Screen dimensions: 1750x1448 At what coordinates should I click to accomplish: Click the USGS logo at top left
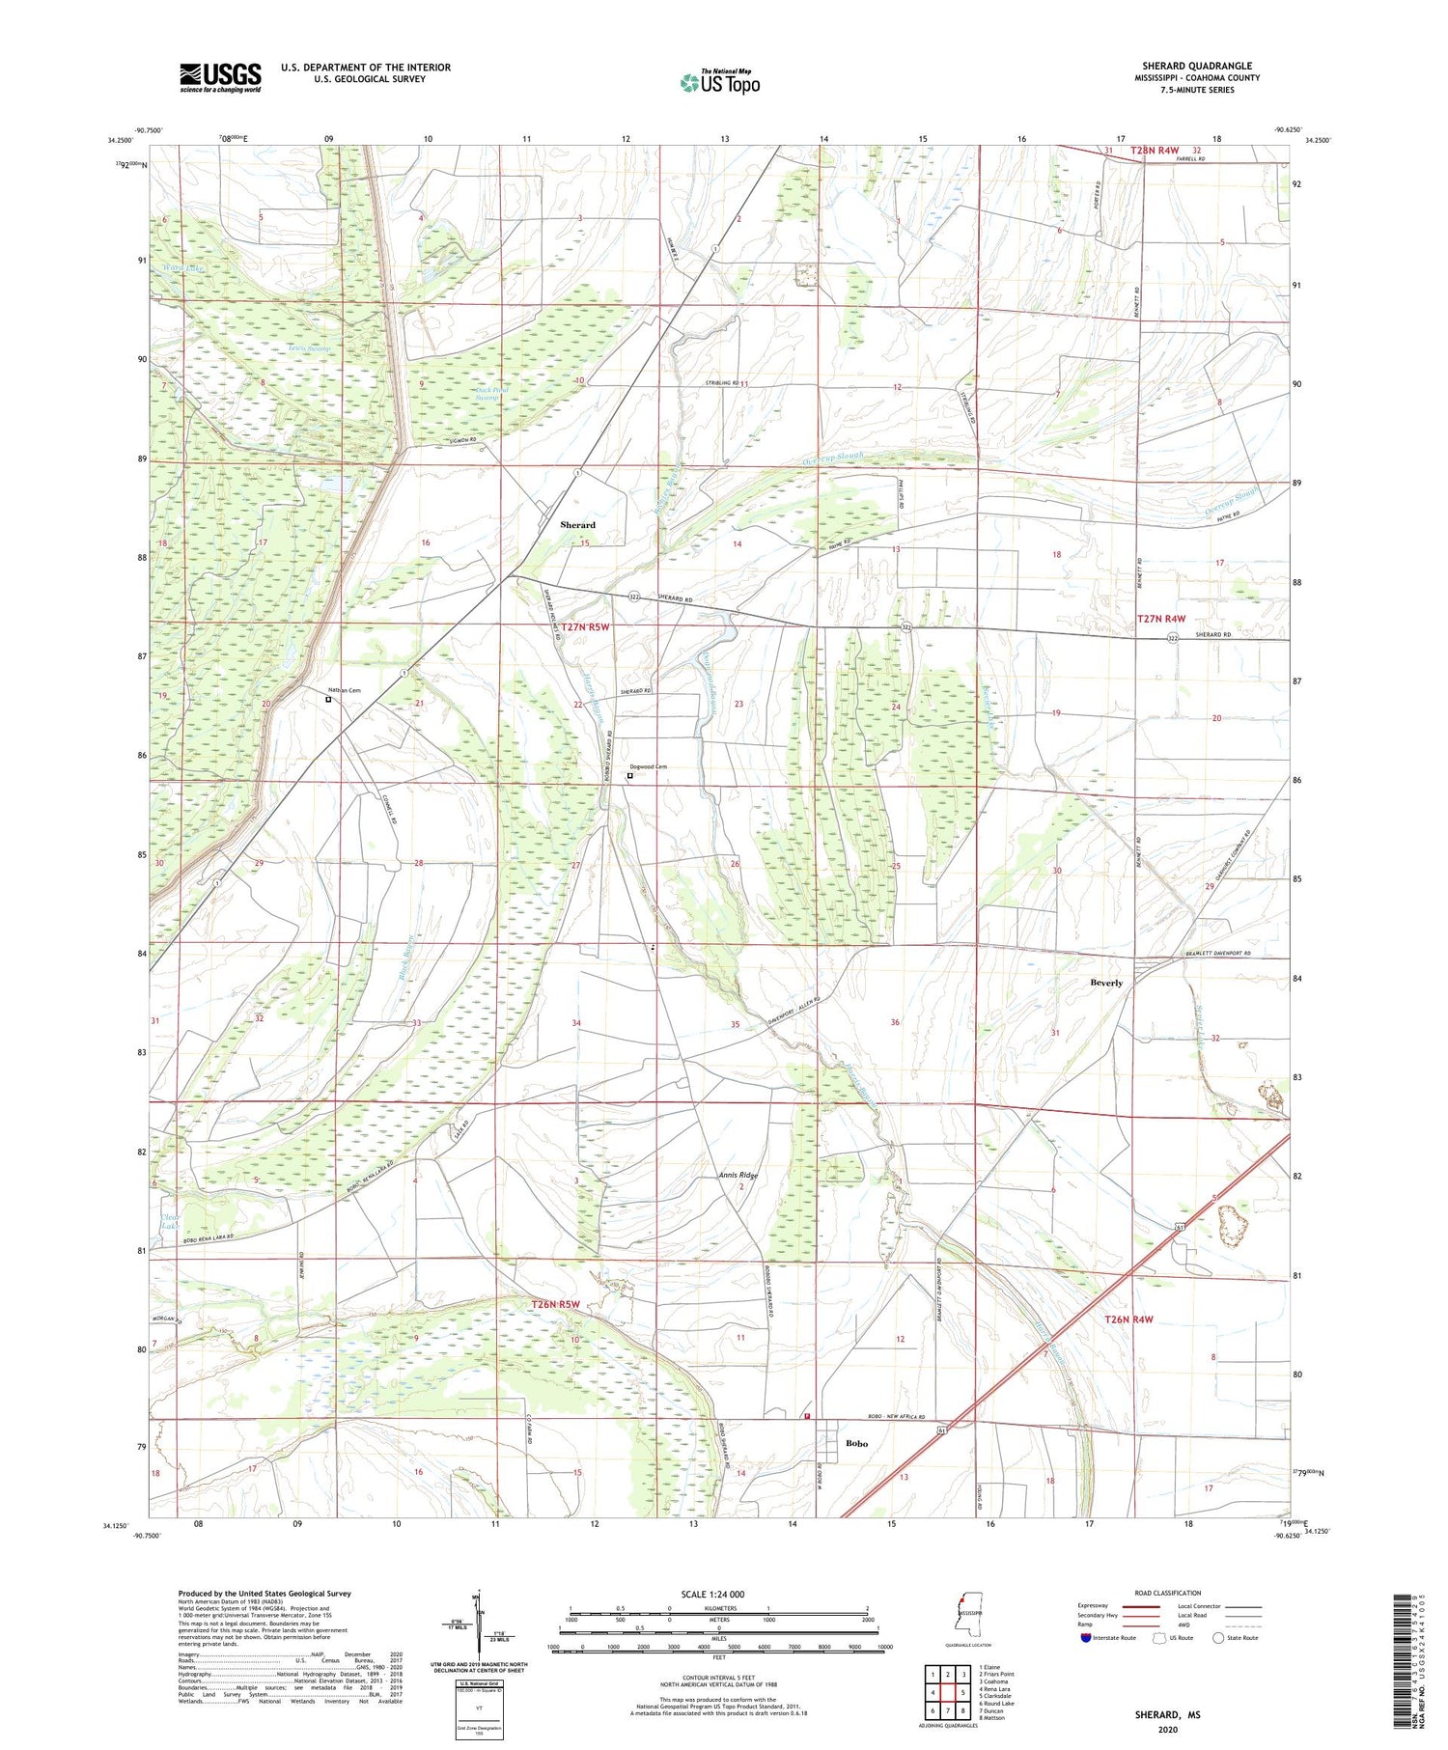pos(220,77)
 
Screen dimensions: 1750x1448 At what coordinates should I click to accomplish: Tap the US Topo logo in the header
pos(719,83)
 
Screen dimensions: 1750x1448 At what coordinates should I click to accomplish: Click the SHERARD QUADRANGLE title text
pos(1198,67)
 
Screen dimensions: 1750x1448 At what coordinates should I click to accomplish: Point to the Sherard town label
pos(577,525)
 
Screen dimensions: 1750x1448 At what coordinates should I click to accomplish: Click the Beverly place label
pos(1106,983)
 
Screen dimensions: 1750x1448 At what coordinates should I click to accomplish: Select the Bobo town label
pos(856,1444)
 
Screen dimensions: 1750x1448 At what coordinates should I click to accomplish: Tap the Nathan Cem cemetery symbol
pos(327,700)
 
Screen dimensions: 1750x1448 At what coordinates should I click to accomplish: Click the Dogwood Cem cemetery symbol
pos(630,775)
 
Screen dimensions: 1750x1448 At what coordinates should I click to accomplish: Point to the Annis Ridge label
pos(738,1176)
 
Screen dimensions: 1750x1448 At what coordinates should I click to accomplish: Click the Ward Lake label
pos(183,268)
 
